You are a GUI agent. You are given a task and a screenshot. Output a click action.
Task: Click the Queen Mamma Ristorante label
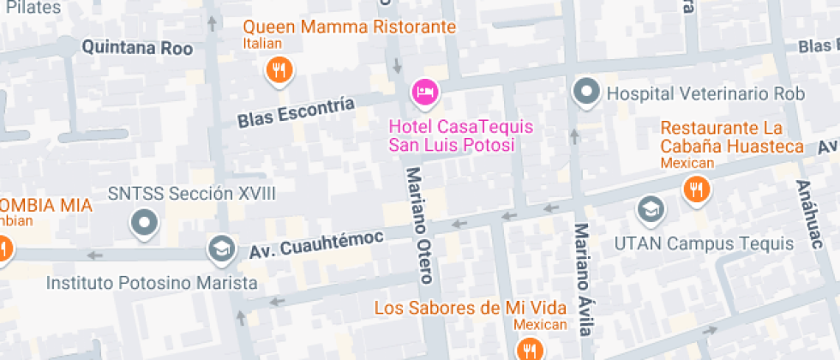tap(349, 27)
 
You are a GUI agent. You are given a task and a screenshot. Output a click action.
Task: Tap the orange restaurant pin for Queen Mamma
tap(278, 69)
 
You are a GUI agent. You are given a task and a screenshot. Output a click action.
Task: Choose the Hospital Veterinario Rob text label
tap(705, 93)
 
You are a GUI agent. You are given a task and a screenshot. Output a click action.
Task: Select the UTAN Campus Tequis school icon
tap(650, 208)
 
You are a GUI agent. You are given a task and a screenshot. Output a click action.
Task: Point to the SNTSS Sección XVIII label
tap(192, 194)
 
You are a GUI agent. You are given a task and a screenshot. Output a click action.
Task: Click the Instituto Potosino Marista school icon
tap(221, 249)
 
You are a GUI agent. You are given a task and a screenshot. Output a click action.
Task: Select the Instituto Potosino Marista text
tap(152, 282)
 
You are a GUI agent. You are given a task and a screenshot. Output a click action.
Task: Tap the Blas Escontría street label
tap(296, 112)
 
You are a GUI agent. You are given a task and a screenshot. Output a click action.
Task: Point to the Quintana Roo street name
tap(137, 48)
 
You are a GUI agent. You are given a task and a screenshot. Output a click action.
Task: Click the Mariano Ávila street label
tap(583, 279)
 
